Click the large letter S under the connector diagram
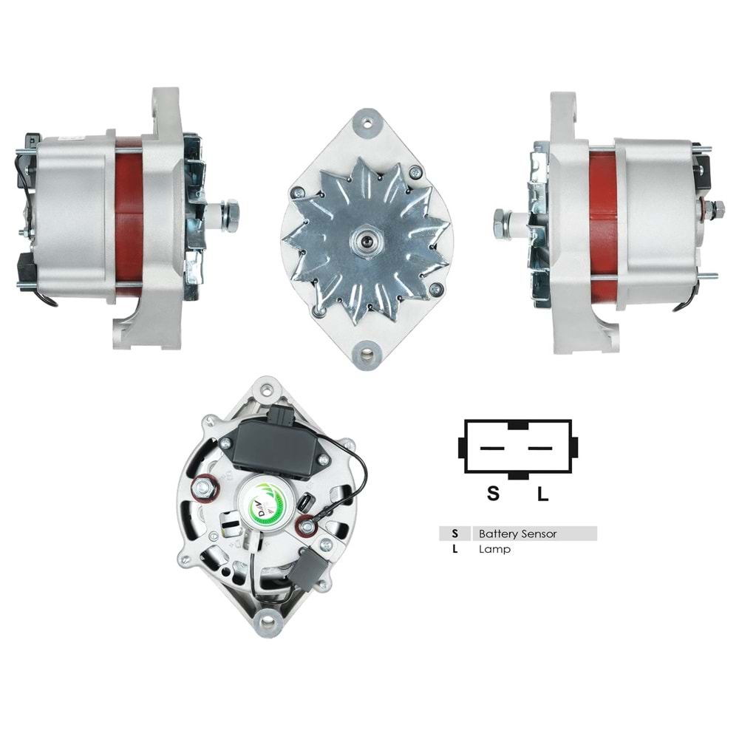pos(493,494)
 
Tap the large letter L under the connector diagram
pos(542,494)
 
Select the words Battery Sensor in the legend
pos(517,533)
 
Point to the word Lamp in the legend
pos(494,549)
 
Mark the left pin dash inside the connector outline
pos(492,448)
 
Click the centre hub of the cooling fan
pos(367,241)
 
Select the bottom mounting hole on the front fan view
pos(367,354)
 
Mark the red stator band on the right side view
pos(602,220)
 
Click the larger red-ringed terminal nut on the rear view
pos(205,488)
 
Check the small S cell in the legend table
pos(455,533)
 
